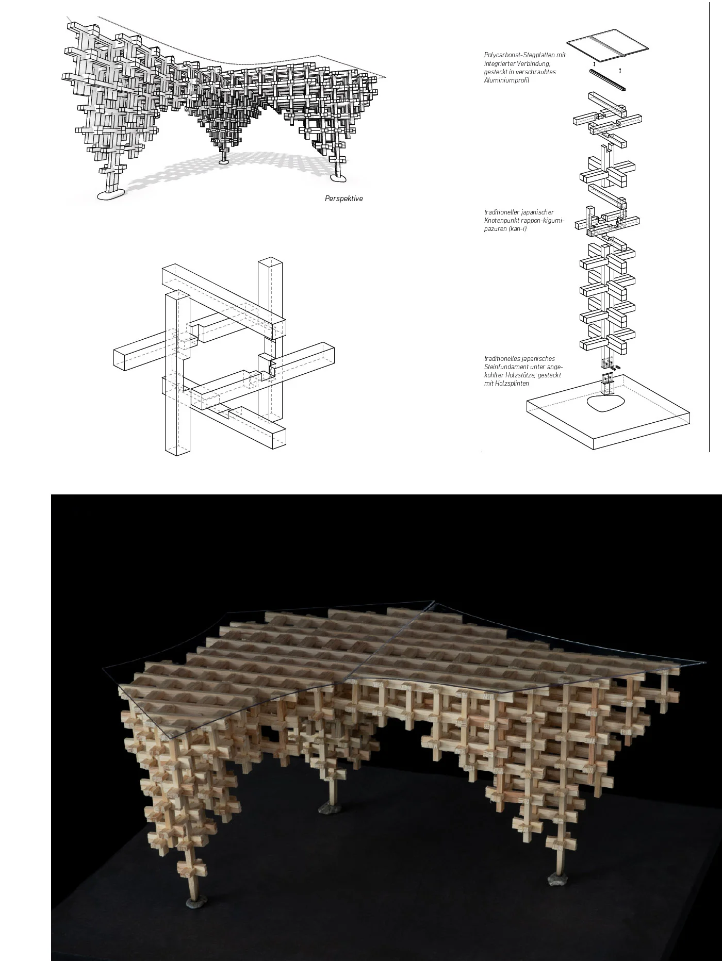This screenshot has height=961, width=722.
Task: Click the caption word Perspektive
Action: pos(344,198)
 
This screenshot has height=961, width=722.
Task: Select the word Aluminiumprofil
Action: pos(506,80)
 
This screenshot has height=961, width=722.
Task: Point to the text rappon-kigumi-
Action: pos(544,221)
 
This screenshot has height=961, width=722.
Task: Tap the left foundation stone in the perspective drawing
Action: pos(111,194)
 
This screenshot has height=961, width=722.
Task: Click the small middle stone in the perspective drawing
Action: pos(224,162)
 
